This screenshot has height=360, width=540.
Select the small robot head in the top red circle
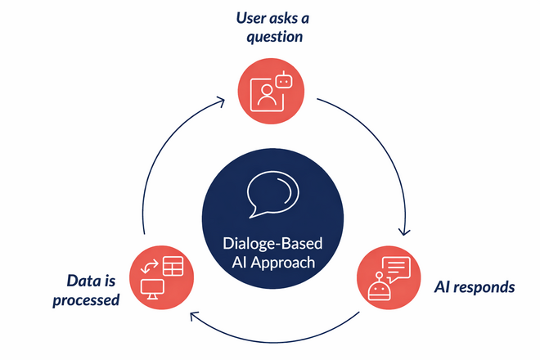(x=283, y=80)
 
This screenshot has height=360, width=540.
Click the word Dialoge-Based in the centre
(x=270, y=243)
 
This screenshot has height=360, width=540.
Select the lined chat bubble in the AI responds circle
(x=397, y=268)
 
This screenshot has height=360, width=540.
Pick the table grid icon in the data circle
(x=173, y=266)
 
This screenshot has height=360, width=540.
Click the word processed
(x=86, y=299)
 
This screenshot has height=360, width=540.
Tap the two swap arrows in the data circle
(x=150, y=266)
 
